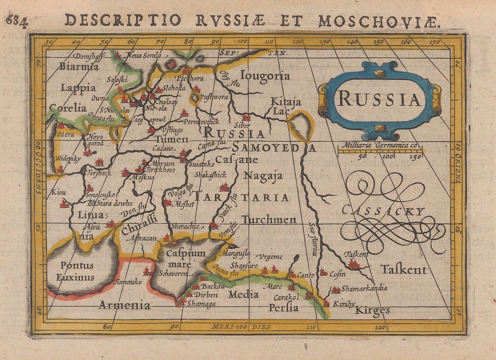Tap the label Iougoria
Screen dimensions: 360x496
point(266,76)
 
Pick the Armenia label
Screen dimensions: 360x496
point(124,305)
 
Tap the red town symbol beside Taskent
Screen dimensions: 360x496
point(354,264)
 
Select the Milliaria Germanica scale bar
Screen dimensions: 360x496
point(380,151)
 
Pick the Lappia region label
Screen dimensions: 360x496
point(78,88)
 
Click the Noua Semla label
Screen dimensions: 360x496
point(144,55)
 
